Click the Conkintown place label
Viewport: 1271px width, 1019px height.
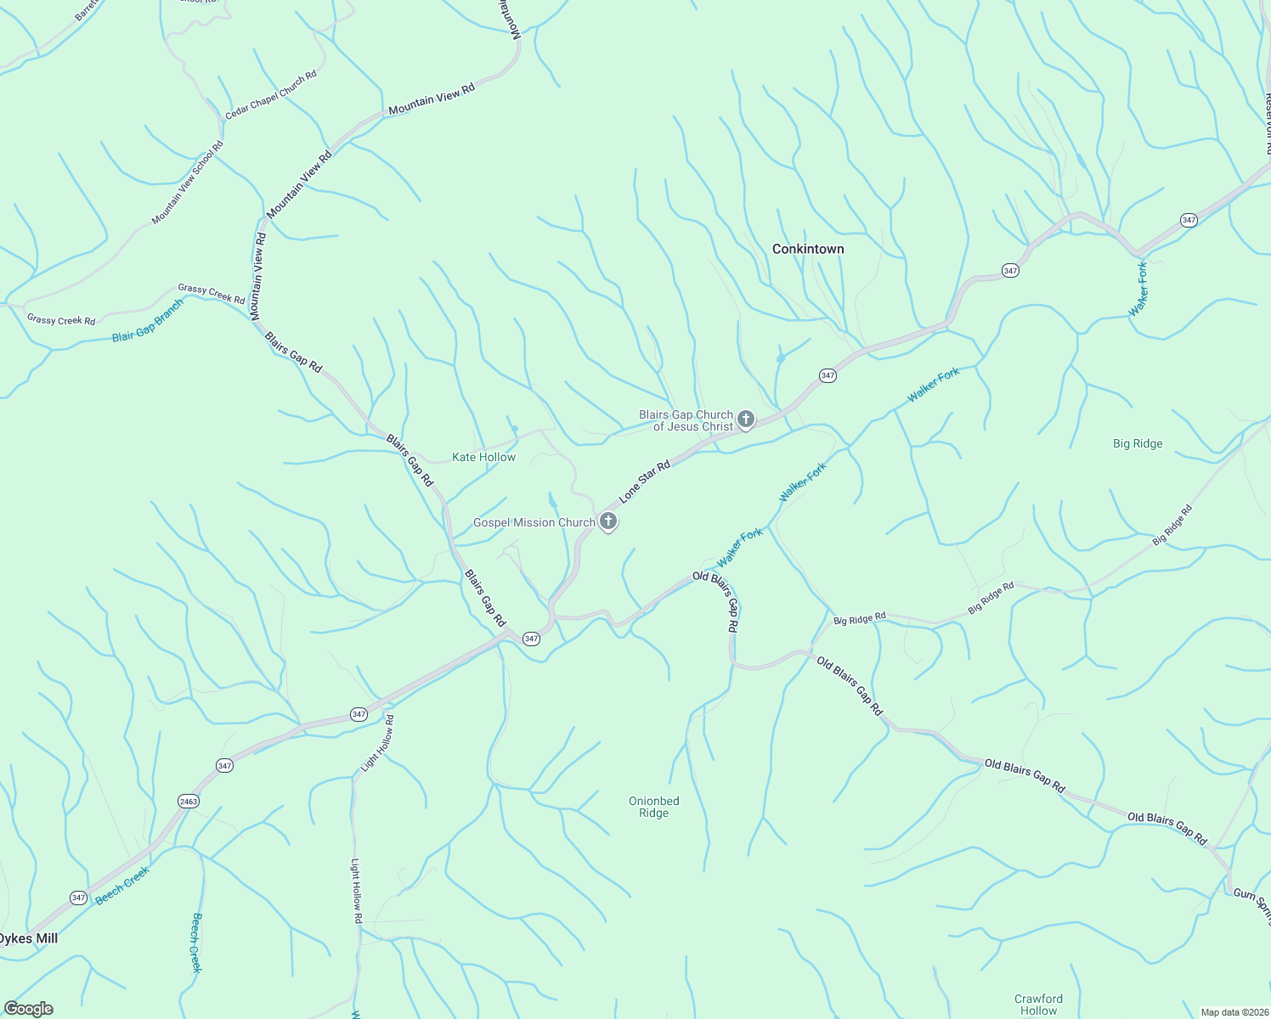click(x=808, y=249)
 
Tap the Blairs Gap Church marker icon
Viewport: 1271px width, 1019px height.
click(x=746, y=419)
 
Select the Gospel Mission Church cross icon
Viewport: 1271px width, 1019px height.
click(x=608, y=521)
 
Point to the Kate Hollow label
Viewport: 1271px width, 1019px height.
click(x=483, y=457)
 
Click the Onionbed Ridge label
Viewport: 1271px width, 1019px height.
click(x=653, y=807)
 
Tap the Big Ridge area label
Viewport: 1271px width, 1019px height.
click(x=1138, y=443)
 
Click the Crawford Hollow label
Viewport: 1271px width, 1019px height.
click(x=1038, y=1005)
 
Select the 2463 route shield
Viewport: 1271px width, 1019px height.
click(x=189, y=801)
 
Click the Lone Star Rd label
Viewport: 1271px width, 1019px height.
click(x=644, y=481)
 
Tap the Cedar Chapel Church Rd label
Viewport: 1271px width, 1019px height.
click(x=271, y=94)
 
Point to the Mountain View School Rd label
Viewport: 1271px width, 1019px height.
click(x=188, y=183)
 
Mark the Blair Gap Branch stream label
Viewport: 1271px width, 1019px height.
click(x=148, y=321)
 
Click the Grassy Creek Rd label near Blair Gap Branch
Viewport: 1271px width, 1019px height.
click(x=211, y=294)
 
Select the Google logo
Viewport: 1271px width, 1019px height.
click(x=29, y=1009)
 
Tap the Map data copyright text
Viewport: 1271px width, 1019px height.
click(x=1234, y=1012)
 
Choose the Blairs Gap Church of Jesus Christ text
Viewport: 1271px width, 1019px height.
click(x=686, y=420)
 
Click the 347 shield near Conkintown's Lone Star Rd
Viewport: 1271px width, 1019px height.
click(x=828, y=375)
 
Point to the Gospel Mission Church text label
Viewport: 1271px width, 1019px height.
click(x=534, y=522)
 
